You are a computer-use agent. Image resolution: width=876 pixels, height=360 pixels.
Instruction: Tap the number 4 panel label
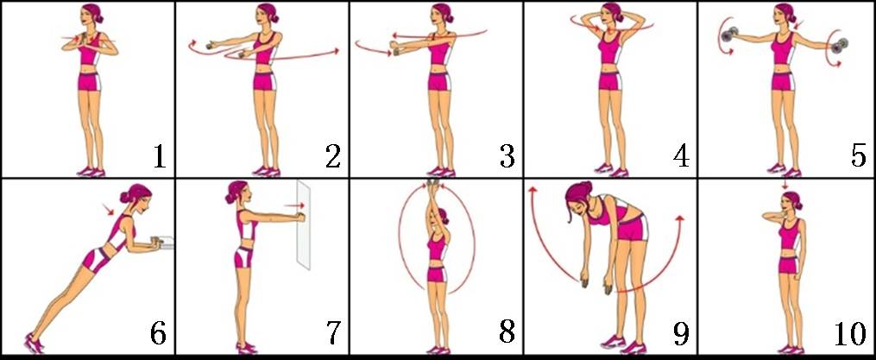[681, 156]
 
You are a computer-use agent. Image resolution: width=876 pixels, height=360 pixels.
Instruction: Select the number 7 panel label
[332, 334]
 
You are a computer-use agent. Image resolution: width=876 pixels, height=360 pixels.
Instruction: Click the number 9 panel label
[681, 334]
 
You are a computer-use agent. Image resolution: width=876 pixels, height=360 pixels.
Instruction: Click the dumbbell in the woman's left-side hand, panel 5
[727, 36]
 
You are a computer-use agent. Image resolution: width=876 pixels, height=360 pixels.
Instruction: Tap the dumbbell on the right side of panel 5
[841, 44]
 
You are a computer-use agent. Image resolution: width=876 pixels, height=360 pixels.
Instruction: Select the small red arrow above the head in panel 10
[785, 185]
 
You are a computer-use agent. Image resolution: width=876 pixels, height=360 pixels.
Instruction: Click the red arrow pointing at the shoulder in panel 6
[108, 210]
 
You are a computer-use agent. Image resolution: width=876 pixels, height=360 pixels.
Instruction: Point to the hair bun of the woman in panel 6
[124, 196]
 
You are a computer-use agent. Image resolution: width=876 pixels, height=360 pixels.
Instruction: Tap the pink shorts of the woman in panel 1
[90, 82]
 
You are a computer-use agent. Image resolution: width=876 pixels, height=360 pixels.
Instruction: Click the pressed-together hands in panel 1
[82, 39]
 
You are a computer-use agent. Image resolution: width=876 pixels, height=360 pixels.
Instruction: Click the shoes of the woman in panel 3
[441, 172]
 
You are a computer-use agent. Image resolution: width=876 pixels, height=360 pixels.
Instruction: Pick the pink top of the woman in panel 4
[611, 47]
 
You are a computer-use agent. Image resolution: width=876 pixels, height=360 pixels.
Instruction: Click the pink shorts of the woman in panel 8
[438, 274]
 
